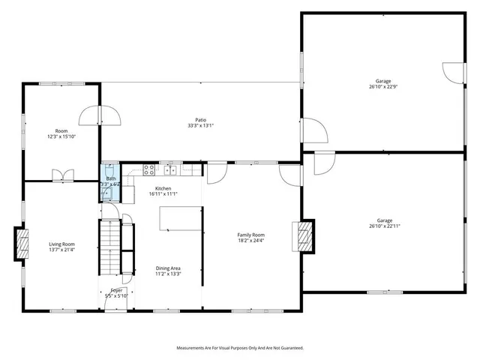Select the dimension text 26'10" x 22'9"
coord(383,87)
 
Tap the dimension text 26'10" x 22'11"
coord(383,228)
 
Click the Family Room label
coord(251,235)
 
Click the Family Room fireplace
coord(305,235)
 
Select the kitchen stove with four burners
coord(148,168)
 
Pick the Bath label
coord(111,178)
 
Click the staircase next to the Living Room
coord(110,247)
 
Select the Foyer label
coord(116,290)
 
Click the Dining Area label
coord(168,268)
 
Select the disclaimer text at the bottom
coord(239,348)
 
